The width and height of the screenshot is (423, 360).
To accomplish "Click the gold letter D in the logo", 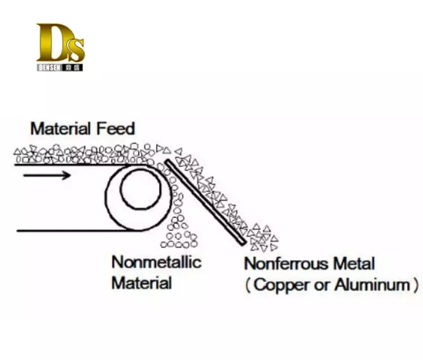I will coord(49,43).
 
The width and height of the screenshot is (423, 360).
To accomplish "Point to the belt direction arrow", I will coord(47,175).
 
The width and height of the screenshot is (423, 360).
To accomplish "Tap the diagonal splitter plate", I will coord(205,202).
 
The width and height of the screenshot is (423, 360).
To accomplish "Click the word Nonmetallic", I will coord(156,262).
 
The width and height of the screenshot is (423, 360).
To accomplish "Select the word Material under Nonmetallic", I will coord(142,282).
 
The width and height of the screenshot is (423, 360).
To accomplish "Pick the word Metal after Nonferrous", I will coord(353,264).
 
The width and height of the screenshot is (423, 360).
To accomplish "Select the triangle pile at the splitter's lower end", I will coord(263,238).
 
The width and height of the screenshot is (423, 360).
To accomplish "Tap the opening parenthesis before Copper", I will coord(248,285).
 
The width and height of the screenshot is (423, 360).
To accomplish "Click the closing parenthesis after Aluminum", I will coord(416,285).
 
